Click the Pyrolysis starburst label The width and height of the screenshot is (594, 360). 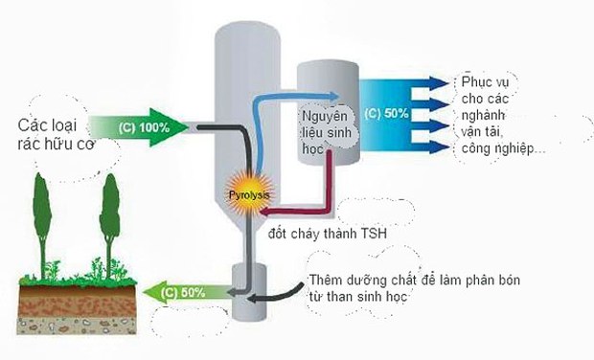click(x=249, y=195)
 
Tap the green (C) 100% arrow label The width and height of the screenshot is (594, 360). click(x=144, y=128)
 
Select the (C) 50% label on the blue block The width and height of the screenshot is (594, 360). click(x=386, y=114)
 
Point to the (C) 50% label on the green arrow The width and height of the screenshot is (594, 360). click(x=183, y=293)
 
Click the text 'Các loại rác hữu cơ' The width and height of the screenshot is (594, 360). click(x=56, y=134)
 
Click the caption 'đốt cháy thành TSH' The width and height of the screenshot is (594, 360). click(x=328, y=234)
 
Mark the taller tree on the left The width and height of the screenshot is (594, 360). click(x=41, y=223)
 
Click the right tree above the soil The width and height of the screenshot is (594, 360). click(x=109, y=223)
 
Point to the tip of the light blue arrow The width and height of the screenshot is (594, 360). click(x=338, y=96)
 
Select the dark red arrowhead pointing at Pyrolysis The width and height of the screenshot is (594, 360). click(x=264, y=212)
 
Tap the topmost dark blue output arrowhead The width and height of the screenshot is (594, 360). click(x=439, y=83)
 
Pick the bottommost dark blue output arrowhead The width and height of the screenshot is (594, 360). click(x=439, y=146)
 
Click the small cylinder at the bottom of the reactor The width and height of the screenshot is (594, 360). click(x=249, y=292)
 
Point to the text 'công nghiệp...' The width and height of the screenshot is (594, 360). click(x=503, y=149)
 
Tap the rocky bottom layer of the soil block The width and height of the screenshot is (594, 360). click(x=77, y=326)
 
